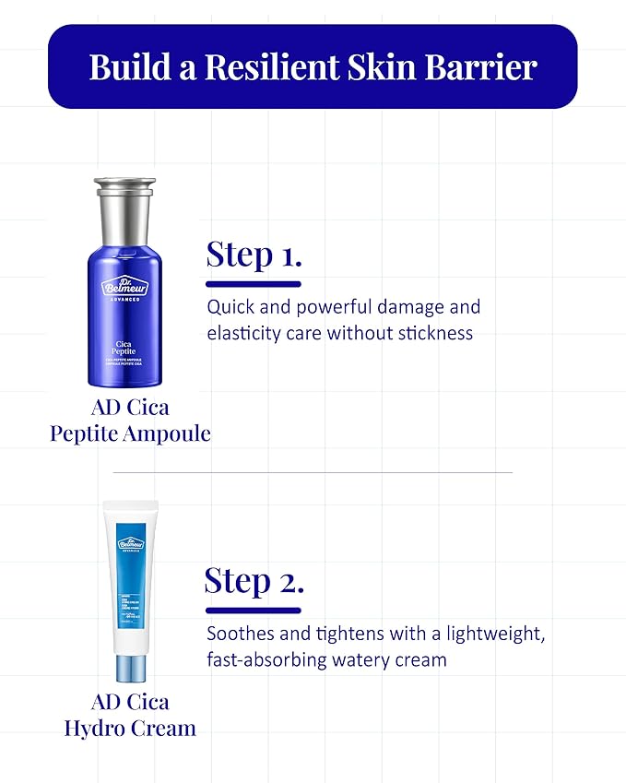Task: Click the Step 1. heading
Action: point(254,255)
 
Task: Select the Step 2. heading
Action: point(254,581)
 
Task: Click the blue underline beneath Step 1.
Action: point(254,284)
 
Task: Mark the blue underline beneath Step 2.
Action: point(254,610)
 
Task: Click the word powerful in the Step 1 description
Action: point(340,307)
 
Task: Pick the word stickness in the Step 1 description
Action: point(436,333)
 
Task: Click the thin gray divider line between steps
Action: point(313,472)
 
